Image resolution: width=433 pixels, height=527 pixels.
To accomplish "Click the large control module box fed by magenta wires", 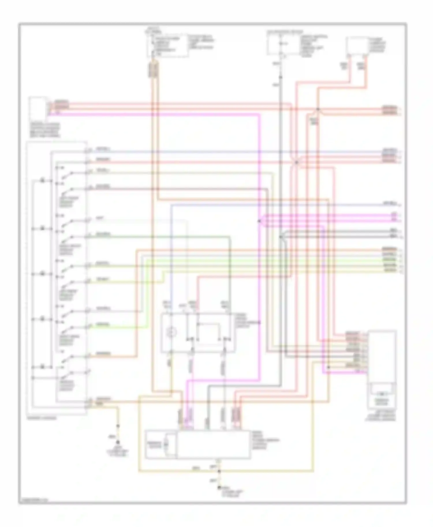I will (x=214, y=444).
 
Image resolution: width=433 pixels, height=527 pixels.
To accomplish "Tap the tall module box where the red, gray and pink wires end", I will (x=382, y=369).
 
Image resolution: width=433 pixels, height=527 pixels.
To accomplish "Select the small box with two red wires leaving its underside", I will (x=357, y=46).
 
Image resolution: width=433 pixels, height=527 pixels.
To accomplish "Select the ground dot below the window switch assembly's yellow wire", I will (x=117, y=442).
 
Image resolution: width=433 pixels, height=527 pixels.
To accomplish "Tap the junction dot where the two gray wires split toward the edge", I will (x=281, y=237).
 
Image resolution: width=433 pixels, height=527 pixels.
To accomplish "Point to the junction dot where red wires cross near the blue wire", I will (x=296, y=162).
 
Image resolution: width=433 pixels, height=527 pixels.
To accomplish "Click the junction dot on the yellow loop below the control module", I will (x=219, y=471).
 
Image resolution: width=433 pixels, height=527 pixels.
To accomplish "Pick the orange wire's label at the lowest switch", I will (x=103, y=353).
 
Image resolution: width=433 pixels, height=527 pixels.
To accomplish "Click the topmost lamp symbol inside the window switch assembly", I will (x=42, y=180).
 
